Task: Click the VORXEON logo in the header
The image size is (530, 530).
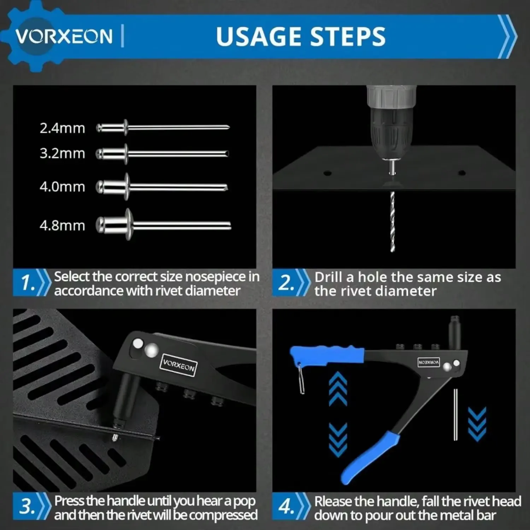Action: (64, 36)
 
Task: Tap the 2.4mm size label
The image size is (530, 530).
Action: (62, 128)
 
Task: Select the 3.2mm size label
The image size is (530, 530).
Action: (62, 153)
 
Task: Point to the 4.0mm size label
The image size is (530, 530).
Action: (62, 187)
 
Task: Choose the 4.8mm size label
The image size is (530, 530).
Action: (62, 225)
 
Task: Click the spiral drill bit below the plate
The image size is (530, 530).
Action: (392, 222)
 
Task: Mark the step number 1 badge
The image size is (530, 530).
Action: (27, 283)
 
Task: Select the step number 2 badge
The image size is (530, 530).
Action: (286, 283)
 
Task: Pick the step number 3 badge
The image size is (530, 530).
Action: (27, 507)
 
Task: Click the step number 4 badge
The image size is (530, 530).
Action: (286, 507)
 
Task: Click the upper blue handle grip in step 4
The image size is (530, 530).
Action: (327, 354)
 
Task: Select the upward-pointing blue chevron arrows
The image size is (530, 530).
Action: (338, 388)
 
